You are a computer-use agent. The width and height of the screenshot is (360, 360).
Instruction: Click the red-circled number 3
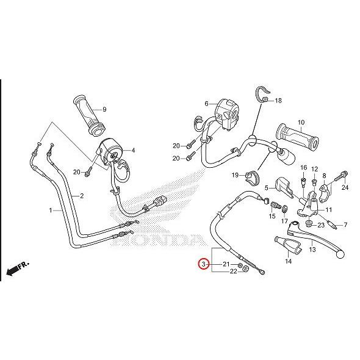[x=204, y=264]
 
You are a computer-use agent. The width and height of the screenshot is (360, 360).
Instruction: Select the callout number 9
[x=104, y=109]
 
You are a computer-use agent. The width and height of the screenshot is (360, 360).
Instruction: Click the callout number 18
[x=278, y=101]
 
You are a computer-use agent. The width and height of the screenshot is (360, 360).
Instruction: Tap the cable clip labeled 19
[x=253, y=179]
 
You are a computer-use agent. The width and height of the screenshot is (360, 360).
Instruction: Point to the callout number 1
[x=51, y=210]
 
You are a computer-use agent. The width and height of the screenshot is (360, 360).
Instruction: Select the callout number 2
[x=82, y=196]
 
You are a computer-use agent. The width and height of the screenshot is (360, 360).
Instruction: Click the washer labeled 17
[x=284, y=209]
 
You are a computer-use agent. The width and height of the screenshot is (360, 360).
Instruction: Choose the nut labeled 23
[x=309, y=223]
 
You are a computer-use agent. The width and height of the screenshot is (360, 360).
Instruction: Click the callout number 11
[x=329, y=210]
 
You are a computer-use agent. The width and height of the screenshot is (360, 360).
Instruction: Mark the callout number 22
[x=234, y=271]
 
